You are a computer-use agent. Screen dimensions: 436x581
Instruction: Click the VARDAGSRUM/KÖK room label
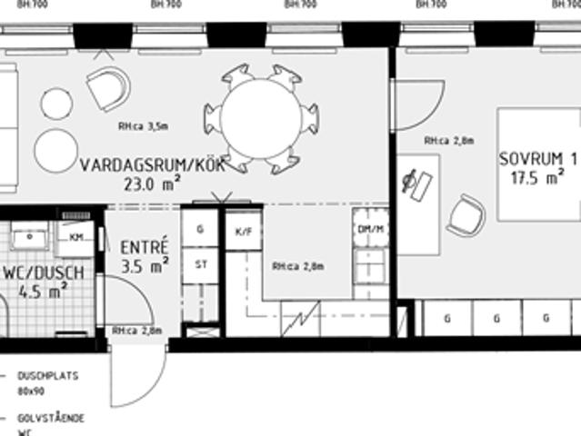click(x=140, y=165)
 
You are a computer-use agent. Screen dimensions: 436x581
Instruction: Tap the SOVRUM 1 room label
click(x=537, y=159)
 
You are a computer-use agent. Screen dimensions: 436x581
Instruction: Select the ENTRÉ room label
click(x=144, y=246)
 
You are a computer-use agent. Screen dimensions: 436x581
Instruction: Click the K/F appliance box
click(x=243, y=231)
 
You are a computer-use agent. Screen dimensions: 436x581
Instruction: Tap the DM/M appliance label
click(x=370, y=229)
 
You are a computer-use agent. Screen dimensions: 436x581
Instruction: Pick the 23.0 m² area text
click(x=152, y=183)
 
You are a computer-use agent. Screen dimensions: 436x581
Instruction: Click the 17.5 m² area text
click(x=533, y=178)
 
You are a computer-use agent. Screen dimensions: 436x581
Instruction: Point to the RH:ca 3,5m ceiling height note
click(x=143, y=127)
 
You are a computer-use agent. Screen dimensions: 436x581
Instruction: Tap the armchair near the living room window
click(x=108, y=88)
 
